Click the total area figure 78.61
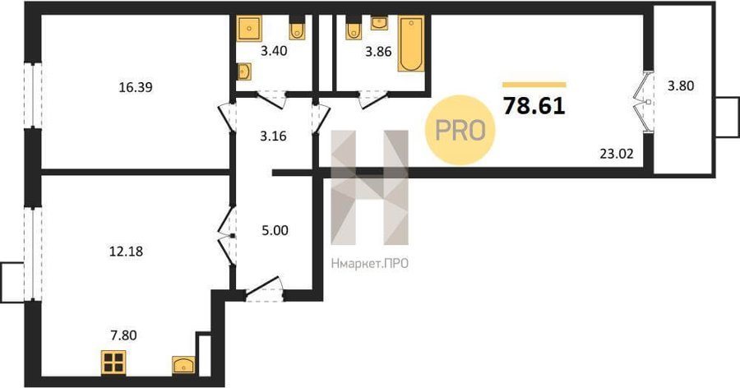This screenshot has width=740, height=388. [x=534, y=106]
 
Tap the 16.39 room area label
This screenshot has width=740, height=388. [x=136, y=87]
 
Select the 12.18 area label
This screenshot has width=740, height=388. [x=126, y=251]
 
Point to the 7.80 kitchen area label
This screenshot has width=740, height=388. [x=123, y=335]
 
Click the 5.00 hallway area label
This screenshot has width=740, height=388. [x=275, y=230]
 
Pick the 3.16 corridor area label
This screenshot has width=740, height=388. [x=273, y=136]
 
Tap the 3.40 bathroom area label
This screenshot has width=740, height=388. [x=274, y=50]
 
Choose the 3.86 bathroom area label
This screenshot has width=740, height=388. [x=378, y=52]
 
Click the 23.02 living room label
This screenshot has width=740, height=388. [x=617, y=154]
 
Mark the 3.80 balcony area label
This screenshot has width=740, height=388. [x=681, y=86]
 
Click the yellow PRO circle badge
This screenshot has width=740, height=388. [x=460, y=130]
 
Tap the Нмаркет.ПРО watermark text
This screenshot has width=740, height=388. [x=369, y=263]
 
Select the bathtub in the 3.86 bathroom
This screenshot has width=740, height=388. [x=410, y=44]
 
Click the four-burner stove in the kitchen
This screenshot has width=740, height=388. [x=113, y=363]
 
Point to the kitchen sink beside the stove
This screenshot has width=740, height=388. [x=183, y=365]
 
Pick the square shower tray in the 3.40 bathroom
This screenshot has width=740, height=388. [x=249, y=28]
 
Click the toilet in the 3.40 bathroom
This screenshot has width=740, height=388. [x=297, y=30]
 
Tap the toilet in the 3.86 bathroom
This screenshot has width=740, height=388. [x=354, y=30]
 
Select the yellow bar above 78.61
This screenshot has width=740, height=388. [x=534, y=85]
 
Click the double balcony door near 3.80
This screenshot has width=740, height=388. [x=643, y=102]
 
